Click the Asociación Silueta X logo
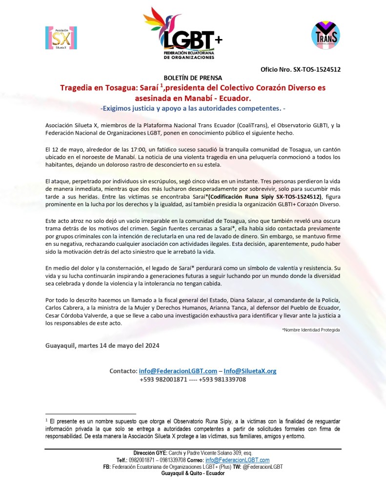pyautogui.click(x=61, y=38)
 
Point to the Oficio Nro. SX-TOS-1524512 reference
pyautogui.click(x=301, y=69)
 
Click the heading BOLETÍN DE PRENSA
pyautogui.click(x=193, y=78)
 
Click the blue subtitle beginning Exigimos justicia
pyautogui.click(x=193, y=107)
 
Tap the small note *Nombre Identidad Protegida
pyautogui.click(x=311, y=330)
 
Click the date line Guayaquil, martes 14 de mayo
pyautogui.click(x=102, y=345)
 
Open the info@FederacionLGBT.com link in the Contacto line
pyautogui.click(x=178, y=371)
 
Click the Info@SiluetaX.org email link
pyautogui.click(x=249, y=371)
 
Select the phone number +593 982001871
pyautogui.click(x=163, y=379)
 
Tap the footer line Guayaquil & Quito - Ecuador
pyautogui.click(x=193, y=473)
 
